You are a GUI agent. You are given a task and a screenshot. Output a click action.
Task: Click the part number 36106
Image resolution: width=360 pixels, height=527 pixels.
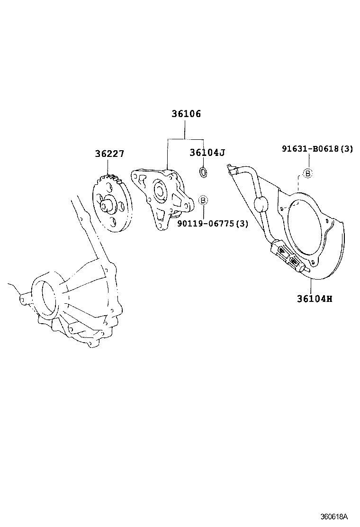[x=186, y=114]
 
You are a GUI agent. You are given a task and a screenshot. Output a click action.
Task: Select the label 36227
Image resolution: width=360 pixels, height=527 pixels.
[x=109, y=154]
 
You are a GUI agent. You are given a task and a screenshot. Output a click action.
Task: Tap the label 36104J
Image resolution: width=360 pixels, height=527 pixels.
[x=207, y=153]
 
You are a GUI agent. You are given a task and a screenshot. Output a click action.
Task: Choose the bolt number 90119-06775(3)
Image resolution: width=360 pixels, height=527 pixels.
[x=213, y=224]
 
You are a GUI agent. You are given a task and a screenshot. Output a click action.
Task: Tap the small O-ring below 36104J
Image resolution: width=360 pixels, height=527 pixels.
[x=203, y=172]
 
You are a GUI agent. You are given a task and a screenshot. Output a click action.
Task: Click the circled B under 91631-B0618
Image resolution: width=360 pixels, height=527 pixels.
[x=307, y=173]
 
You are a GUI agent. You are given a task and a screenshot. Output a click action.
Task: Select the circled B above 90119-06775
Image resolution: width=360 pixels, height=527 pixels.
[x=203, y=200]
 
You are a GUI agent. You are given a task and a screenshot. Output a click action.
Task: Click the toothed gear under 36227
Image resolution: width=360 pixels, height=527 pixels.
[x=112, y=204]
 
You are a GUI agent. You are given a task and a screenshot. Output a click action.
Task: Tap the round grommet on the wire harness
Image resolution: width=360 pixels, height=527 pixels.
[x=261, y=205]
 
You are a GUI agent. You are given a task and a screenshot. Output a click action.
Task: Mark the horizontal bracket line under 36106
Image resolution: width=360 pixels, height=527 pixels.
[x=185, y=139]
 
